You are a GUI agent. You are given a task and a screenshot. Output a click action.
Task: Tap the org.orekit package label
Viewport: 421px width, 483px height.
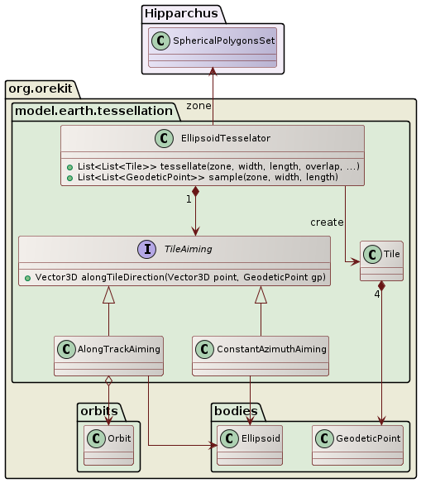tap(41, 88)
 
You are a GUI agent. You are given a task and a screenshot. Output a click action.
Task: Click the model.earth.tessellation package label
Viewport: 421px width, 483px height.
tap(93, 109)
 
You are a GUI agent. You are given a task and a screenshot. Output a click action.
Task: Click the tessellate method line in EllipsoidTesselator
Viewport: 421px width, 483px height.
tap(214, 166)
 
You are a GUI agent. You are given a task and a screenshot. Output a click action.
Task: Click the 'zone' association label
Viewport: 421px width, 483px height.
tap(199, 106)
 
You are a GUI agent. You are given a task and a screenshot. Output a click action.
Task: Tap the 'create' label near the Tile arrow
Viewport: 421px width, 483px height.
tap(327, 222)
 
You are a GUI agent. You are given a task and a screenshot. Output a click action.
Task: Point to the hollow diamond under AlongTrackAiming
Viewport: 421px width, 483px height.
tap(108, 383)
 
